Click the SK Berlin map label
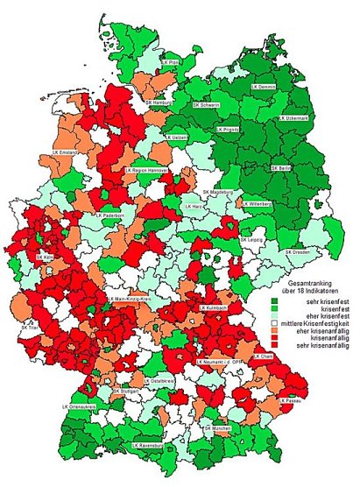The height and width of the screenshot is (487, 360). coord(282,166)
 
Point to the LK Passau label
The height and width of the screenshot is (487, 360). coord(292,399)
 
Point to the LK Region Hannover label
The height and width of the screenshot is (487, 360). coord(152,170)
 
